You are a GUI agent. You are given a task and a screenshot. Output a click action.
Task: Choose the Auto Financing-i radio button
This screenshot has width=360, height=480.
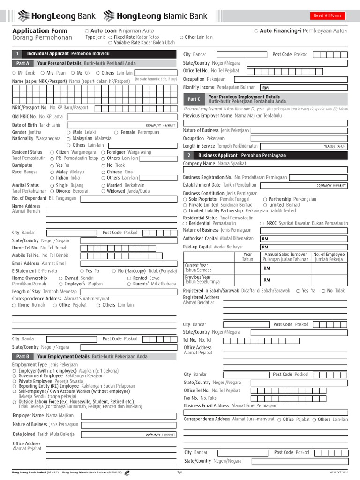coord(256,30)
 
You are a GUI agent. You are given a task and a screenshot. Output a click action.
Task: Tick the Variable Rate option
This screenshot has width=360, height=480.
coord(110,42)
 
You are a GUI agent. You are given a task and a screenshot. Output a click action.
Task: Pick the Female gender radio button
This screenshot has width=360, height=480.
coord(116,132)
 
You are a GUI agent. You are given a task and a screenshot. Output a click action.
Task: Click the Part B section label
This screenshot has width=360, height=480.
coord(23,357)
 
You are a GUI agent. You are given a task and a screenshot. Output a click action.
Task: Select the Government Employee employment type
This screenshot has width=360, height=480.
coord(14,376)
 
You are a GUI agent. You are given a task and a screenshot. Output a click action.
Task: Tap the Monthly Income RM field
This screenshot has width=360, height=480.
coord(304,87)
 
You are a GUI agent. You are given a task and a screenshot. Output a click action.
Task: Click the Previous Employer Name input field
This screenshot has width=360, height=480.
coord(265,123)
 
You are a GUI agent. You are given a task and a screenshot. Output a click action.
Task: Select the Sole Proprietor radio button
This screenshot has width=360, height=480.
coord(185,199)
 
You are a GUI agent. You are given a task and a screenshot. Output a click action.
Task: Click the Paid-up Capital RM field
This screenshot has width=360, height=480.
coord(304,247)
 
